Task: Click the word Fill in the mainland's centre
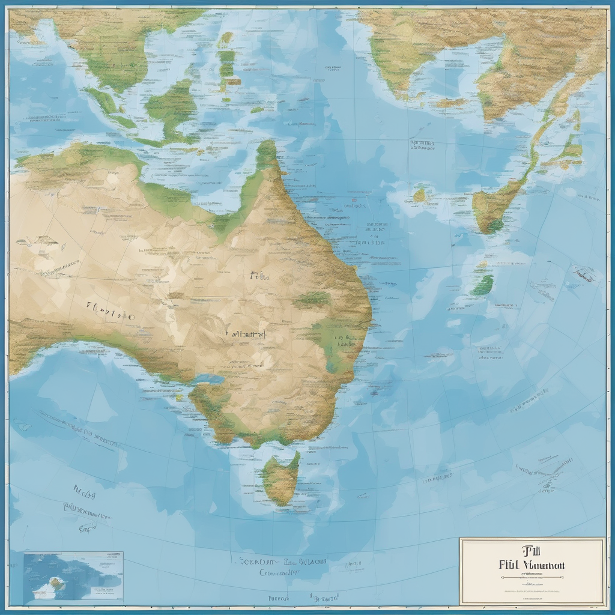tap(259, 277)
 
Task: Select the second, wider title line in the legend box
tap(531, 565)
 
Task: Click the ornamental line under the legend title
tap(531, 577)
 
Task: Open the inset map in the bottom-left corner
tap(73, 576)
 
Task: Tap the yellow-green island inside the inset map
tap(57, 582)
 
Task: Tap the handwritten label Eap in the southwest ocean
tap(88, 529)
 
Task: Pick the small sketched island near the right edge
tap(584, 276)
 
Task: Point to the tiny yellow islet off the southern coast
tap(178, 396)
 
